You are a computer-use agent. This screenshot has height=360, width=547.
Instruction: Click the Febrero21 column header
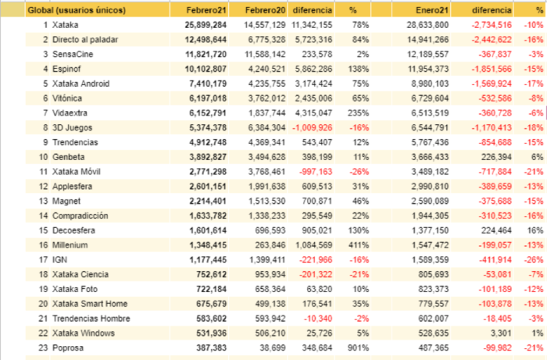[x=206, y=10]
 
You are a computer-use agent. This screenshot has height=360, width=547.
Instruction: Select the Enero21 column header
[x=432, y=10]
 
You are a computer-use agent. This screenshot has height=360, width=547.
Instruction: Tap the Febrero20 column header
[x=265, y=10]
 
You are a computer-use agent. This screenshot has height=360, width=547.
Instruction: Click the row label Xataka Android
[x=81, y=84]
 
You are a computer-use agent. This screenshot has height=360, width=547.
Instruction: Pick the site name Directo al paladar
[x=85, y=40]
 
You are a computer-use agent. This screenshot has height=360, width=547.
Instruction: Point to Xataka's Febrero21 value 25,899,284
[x=206, y=25]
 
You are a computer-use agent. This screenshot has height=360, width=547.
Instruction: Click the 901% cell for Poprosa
[x=358, y=348]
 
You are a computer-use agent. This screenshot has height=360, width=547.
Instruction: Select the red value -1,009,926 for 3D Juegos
[x=313, y=128]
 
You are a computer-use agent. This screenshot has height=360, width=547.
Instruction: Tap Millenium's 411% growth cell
[x=359, y=245]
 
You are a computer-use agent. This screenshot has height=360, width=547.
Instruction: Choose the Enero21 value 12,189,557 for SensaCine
[x=427, y=55]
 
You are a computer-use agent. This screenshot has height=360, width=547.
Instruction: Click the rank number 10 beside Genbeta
[x=43, y=157]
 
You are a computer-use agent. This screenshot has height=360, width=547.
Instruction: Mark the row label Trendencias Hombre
[x=91, y=319]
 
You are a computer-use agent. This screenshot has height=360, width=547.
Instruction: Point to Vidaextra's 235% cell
[x=358, y=113]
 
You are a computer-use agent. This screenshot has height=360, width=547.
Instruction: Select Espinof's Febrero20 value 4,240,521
[x=267, y=69]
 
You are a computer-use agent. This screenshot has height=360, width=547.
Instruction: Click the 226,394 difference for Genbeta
[x=496, y=157]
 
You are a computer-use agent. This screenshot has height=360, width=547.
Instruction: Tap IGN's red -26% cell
[x=534, y=260]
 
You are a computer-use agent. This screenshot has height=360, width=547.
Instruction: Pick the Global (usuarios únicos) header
[x=77, y=10]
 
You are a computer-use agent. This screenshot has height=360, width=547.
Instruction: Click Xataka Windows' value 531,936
[x=212, y=333]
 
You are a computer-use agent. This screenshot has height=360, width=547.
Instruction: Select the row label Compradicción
[x=80, y=216]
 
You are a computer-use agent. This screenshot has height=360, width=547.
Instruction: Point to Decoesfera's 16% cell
[x=535, y=230]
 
